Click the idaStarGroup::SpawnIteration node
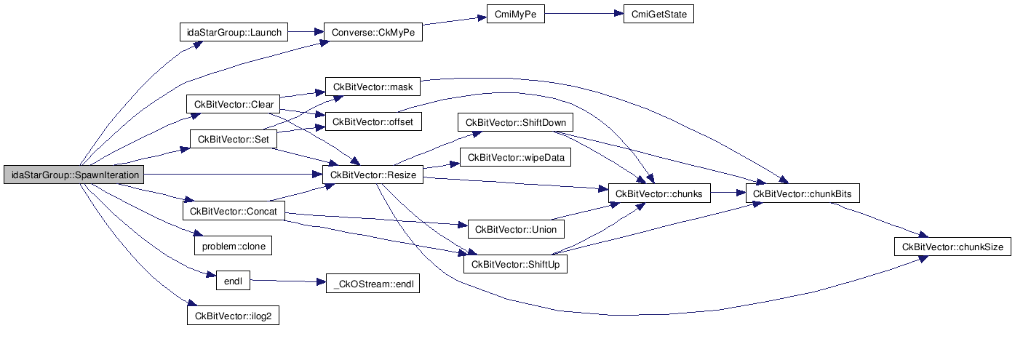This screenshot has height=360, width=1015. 73,175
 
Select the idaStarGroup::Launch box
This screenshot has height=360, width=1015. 234,32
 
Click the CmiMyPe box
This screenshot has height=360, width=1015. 515,15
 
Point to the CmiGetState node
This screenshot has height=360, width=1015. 658,15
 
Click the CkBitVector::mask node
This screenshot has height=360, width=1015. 373,87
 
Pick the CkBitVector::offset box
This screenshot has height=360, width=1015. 373,121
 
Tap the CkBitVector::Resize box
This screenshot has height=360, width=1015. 373,175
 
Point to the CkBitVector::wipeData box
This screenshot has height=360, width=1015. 515,157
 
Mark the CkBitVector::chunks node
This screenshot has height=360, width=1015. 658,193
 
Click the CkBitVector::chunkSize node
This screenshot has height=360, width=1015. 952,247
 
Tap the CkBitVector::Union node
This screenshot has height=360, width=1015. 515,230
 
